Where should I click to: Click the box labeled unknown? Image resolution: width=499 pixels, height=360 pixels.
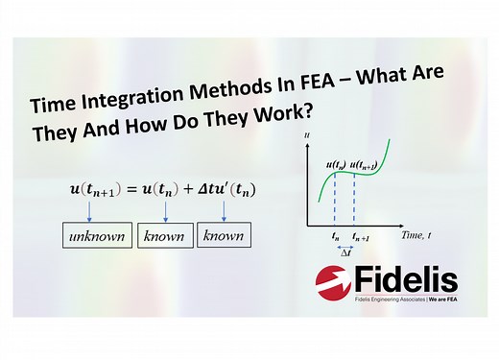(96, 235)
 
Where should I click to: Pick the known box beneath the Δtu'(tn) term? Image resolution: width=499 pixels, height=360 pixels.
(224, 235)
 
